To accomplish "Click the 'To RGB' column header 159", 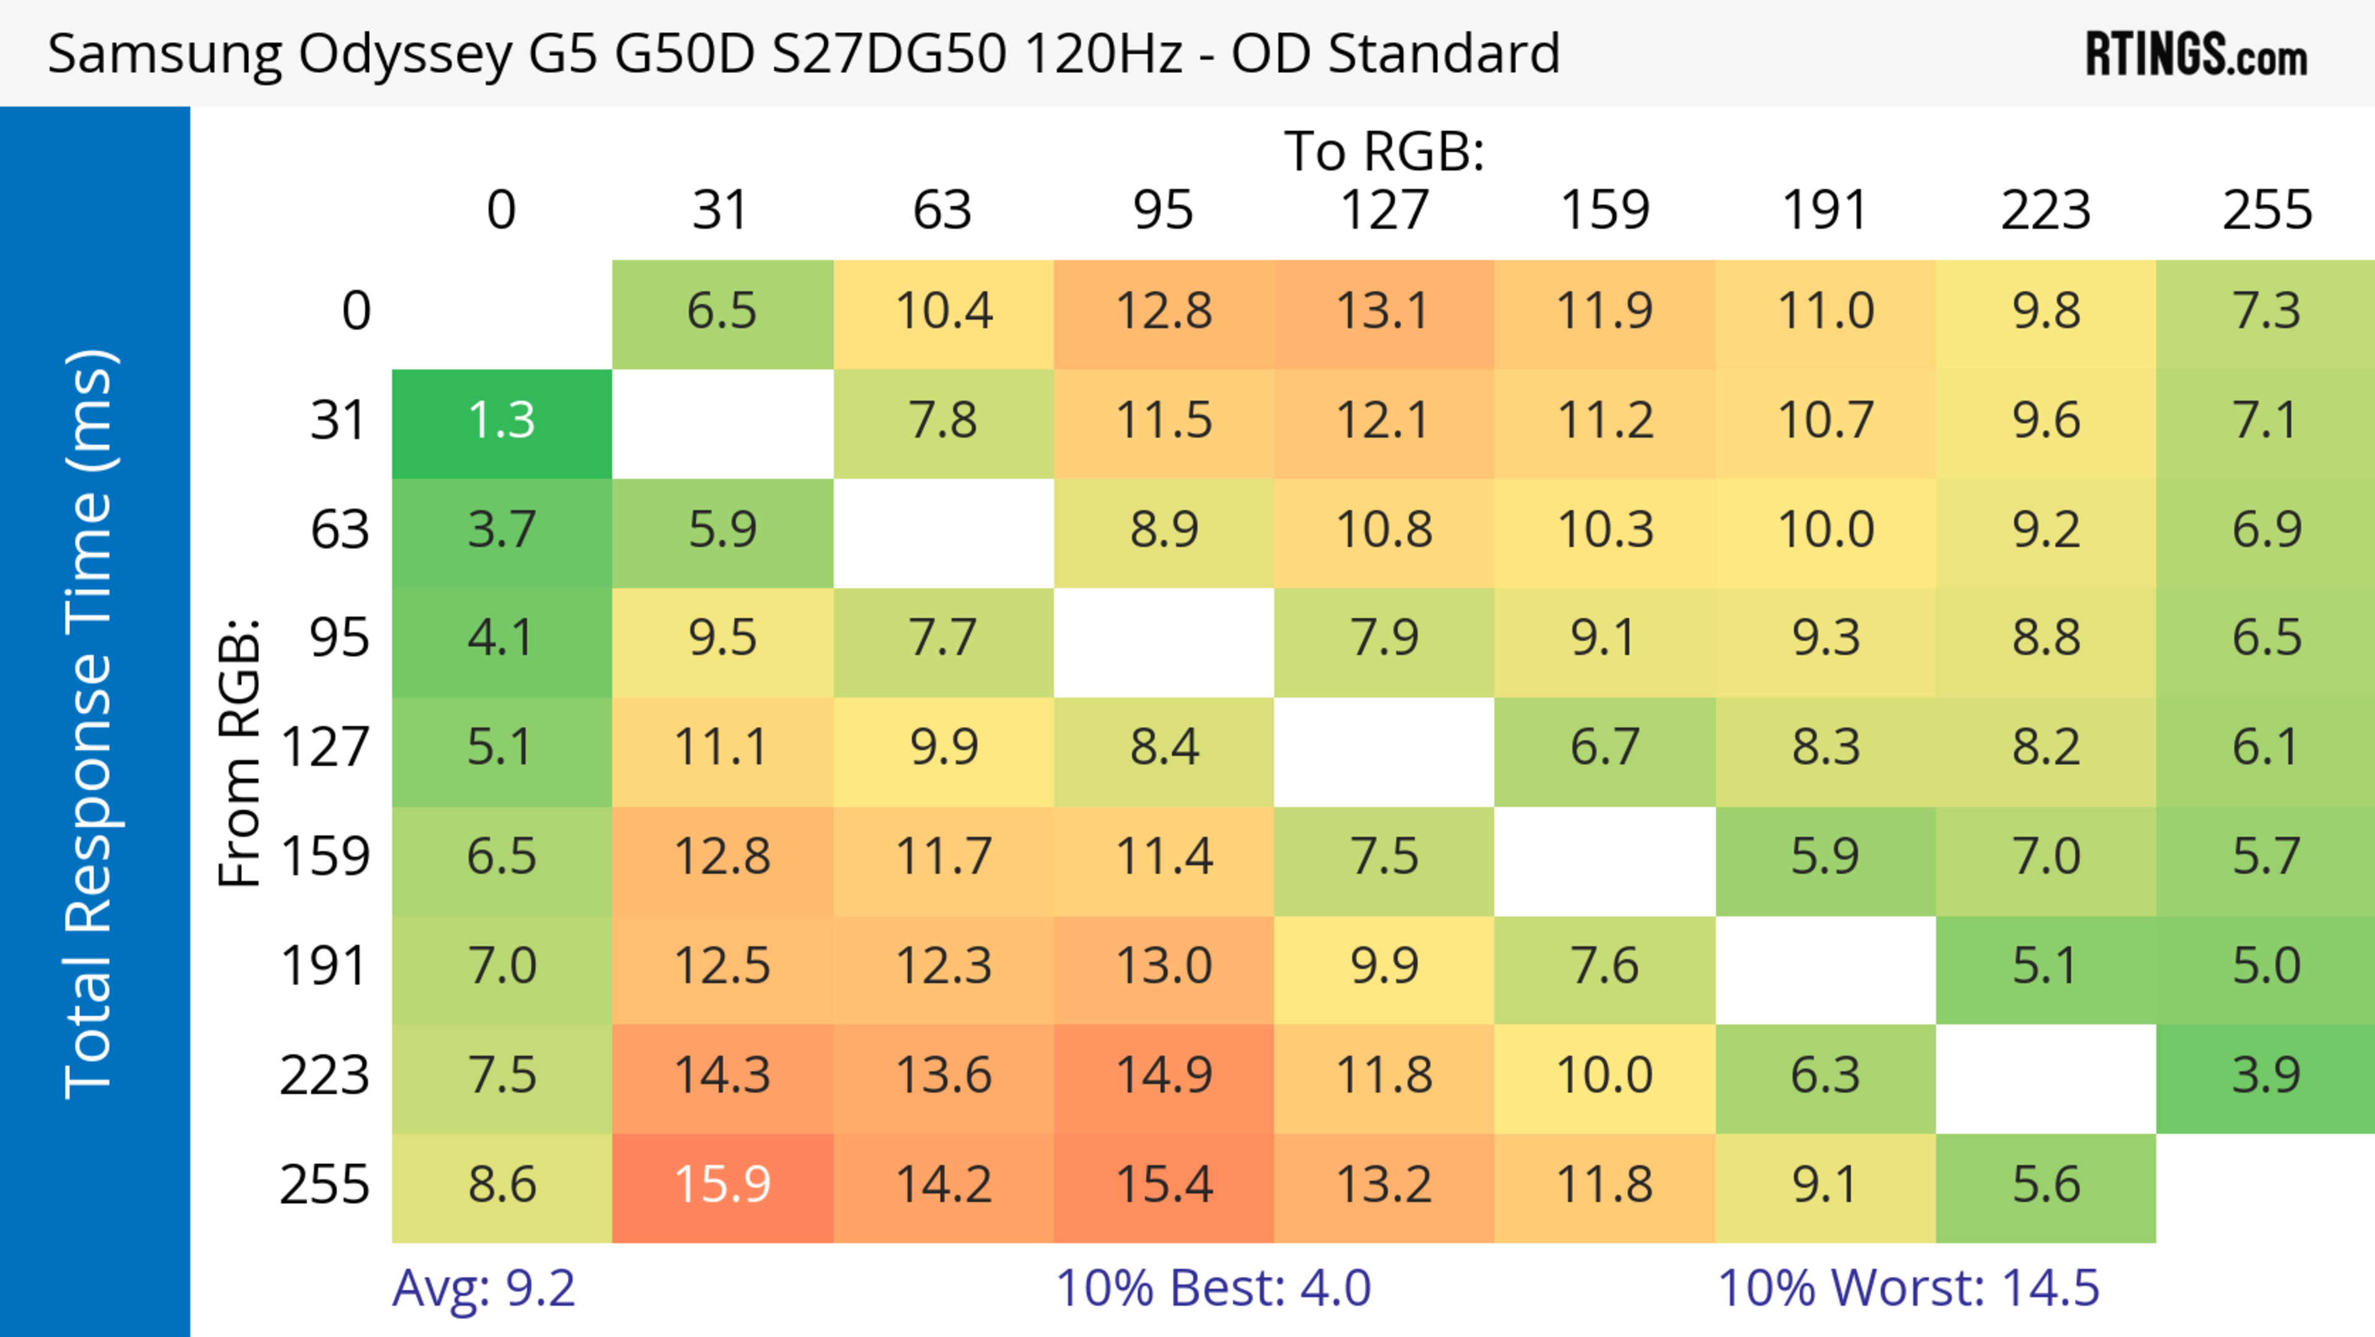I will pos(1604,210).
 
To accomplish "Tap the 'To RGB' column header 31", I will pos(720,210).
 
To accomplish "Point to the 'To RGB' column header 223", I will pos(2045,210).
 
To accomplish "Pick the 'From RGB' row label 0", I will pos(356,312).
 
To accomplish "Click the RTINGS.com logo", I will pos(2196,54).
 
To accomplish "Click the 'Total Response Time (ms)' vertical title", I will pos(90,724).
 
